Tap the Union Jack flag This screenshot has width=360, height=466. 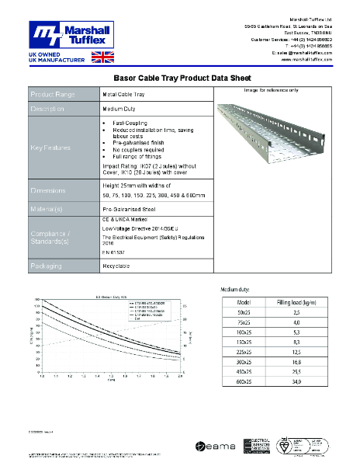[102, 57]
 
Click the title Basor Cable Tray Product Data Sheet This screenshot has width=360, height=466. [180, 78]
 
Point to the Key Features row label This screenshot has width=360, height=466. [51, 147]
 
